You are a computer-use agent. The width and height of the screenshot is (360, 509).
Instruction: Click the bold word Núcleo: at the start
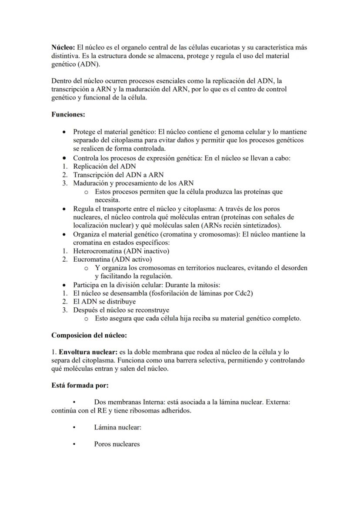pos(63,47)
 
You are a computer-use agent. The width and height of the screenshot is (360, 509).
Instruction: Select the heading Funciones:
pos(68,115)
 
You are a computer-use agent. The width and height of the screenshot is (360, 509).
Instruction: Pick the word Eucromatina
pos(92,259)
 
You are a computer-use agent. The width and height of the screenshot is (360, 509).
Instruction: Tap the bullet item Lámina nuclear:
pos(117,427)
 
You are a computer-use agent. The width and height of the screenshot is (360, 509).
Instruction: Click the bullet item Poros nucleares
pos(117,444)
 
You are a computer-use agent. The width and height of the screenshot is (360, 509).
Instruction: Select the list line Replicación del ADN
pos(104,166)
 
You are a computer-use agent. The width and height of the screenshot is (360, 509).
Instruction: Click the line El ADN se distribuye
pos(104,301)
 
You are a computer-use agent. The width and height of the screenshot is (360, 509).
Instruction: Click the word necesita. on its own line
pos(107,200)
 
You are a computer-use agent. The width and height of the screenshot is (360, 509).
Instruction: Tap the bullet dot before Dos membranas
pos(75,403)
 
